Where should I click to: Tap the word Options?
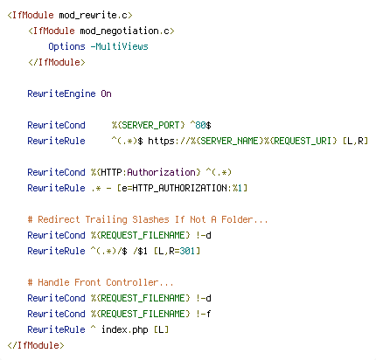pyautogui.click(x=66, y=46)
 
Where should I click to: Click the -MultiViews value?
pyautogui.click(x=120, y=46)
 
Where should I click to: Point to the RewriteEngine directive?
pyautogui.click(x=61, y=93)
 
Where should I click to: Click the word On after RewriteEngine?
pyautogui.click(x=107, y=93)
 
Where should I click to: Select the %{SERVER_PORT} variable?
pyautogui.click(x=149, y=125)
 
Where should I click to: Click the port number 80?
pyautogui.click(x=200, y=125)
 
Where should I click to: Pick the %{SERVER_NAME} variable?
pyautogui.click(x=227, y=141)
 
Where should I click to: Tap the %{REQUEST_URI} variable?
pyautogui.click(x=301, y=141)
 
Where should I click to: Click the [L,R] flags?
pyautogui.click(x=355, y=141)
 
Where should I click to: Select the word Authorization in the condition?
pyautogui.click(x=161, y=172)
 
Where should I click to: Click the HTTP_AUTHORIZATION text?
pyautogui.click(x=179, y=188)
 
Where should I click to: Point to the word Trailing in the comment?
pyautogui.click(x=106, y=219)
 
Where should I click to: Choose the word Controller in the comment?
pyautogui.click(x=132, y=282)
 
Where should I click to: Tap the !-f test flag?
pyautogui.click(x=204, y=314)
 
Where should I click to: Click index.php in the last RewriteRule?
pyautogui.click(x=125, y=329)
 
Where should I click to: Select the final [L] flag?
pyautogui.click(x=161, y=329)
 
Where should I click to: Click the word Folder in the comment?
pyautogui.click(x=237, y=219)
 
